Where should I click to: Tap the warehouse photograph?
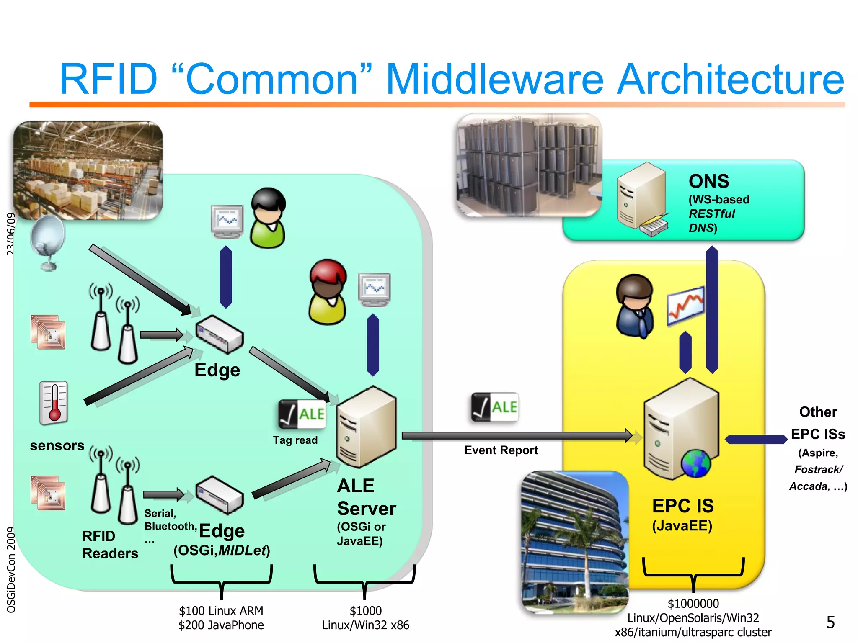click(x=88, y=170)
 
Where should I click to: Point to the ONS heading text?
click(x=709, y=181)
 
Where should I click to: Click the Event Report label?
click(x=501, y=450)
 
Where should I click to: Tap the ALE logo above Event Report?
click(x=495, y=407)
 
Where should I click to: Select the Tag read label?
click(x=295, y=440)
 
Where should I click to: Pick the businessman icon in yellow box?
click(x=635, y=306)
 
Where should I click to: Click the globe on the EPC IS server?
click(x=695, y=464)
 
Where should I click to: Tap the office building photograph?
click(x=575, y=542)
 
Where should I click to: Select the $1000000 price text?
click(x=693, y=604)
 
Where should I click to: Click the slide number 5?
click(x=830, y=622)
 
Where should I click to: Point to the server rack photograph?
click(x=529, y=165)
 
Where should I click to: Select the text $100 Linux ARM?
click(x=221, y=611)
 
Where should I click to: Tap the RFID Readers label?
click(x=110, y=545)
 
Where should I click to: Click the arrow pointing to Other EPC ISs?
click(x=756, y=439)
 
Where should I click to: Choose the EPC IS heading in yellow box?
click(x=683, y=506)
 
